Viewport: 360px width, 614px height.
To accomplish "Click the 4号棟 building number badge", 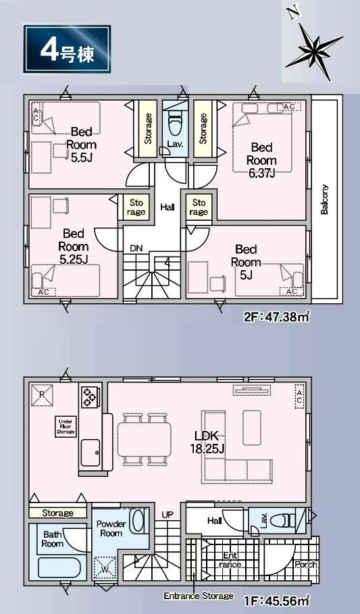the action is [67, 49].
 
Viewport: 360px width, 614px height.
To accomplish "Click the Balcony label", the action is [324, 199].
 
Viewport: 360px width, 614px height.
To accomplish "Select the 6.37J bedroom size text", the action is [261, 173].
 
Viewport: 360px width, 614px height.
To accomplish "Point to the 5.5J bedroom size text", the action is [82, 157].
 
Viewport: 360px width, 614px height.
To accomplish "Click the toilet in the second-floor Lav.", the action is [175, 123].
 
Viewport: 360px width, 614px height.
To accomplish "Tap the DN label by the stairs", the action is [136, 249].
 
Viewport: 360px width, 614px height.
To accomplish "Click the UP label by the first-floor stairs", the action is [168, 515].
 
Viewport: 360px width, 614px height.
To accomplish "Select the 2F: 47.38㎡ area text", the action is [277, 316].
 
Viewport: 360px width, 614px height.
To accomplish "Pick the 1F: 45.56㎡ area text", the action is [277, 600].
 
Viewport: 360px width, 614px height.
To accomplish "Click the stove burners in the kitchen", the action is [90, 396].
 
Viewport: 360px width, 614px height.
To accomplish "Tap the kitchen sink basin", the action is [91, 452].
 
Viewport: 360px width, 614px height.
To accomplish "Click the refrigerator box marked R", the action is [42, 395].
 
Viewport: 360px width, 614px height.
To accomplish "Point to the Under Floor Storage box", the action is [66, 426].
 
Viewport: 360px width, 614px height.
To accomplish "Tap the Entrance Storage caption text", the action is [199, 596].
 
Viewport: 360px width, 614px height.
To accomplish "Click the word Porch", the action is [306, 565].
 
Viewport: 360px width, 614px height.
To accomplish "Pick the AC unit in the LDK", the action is [299, 396].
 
